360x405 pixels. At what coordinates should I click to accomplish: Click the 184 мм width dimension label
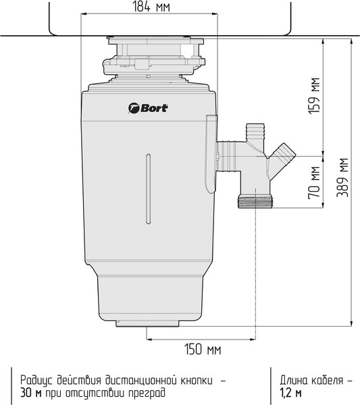click(149, 7)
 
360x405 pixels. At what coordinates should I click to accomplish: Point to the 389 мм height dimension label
click(344, 177)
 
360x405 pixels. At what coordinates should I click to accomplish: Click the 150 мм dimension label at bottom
click(203, 350)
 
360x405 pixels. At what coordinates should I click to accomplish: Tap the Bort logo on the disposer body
click(148, 107)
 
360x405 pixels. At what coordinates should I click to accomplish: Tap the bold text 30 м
click(30, 391)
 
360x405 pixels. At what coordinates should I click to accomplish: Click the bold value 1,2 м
click(291, 391)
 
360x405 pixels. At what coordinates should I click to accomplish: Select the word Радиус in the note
click(37, 379)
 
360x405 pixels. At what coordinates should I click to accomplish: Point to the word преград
click(146, 391)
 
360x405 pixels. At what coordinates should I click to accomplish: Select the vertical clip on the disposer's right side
click(210, 150)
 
